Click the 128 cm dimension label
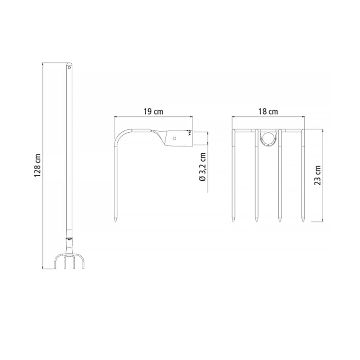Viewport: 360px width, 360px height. pos(37,165)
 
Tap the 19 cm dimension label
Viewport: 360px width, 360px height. pos(153,112)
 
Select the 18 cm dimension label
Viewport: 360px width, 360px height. pos(268,112)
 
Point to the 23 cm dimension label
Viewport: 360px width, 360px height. pos(317,175)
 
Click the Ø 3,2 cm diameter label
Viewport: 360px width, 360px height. pos(203,167)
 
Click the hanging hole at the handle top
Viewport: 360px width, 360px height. pos(69,68)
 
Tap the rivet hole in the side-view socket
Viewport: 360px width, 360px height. pos(175,138)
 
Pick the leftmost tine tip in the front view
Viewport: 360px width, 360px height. pos(234,221)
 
